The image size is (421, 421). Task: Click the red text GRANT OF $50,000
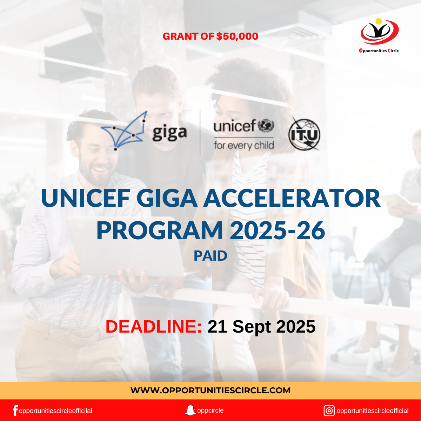[x=210, y=36]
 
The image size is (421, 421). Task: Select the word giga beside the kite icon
[x=169, y=132]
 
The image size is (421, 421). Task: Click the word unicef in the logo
[x=234, y=126]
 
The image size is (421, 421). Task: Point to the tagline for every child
[x=243, y=145]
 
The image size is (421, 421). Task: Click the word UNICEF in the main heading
[x=86, y=199]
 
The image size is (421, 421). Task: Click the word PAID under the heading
[x=210, y=256]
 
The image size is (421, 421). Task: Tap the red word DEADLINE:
[x=154, y=327]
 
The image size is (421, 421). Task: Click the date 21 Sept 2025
[x=261, y=327]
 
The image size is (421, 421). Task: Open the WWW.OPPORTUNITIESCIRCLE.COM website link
[x=210, y=390]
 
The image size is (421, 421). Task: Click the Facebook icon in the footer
[x=15, y=410]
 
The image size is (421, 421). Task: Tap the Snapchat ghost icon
[x=190, y=410]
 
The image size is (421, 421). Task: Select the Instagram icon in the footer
[x=329, y=410]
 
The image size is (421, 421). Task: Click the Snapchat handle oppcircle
[x=210, y=410]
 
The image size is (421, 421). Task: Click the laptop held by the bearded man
[x=123, y=246]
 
